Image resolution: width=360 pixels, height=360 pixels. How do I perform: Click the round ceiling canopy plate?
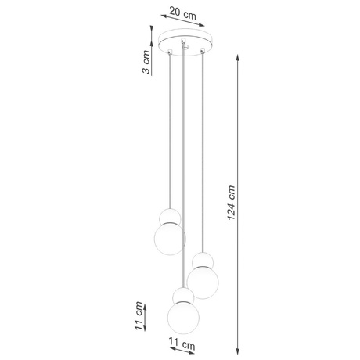tap(185, 41)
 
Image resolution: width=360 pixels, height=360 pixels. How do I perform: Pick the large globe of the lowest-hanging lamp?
tap(182, 317)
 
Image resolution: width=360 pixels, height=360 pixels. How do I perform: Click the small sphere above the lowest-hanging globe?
tap(182, 295)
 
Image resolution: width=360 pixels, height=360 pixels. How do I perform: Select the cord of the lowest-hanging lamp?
tap(183, 172)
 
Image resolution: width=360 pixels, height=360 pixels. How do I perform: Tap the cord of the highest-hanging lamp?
tap(168, 133)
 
